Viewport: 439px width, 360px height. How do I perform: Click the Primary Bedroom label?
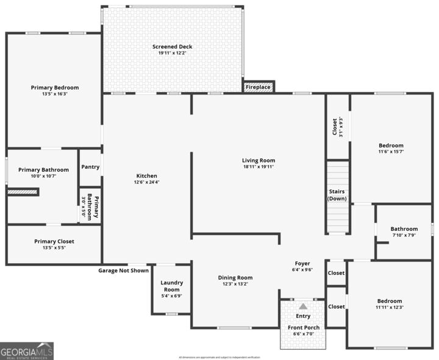tap(55, 88)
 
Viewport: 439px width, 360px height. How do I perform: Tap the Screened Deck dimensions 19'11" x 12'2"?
tap(173, 53)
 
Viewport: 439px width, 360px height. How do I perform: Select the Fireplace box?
tap(259, 87)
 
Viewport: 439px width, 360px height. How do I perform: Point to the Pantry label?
tap(90, 166)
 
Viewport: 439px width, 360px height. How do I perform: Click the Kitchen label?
tap(146, 175)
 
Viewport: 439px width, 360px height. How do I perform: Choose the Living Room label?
tap(259, 160)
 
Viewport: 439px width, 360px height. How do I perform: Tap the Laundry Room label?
tap(171, 286)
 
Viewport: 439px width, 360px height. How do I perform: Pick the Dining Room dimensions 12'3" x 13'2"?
tap(235, 284)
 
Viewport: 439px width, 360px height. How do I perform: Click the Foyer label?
tap(302, 263)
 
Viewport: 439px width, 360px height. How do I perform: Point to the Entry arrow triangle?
tap(303, 306)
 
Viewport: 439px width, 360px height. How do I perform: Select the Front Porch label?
tap(303, 328)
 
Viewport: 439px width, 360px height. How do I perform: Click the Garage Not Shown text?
tap(124, 270)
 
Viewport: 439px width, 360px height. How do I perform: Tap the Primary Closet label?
tap(54, 241)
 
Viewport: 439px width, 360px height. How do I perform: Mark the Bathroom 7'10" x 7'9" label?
tap(404, 229)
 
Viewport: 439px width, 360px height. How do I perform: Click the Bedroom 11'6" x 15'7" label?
tap(391, 146)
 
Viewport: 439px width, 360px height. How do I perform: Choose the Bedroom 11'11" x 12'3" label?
tap(390, 301)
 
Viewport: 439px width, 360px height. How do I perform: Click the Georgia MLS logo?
tap(27, 351)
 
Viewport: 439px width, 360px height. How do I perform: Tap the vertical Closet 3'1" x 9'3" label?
tap(334, 126)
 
